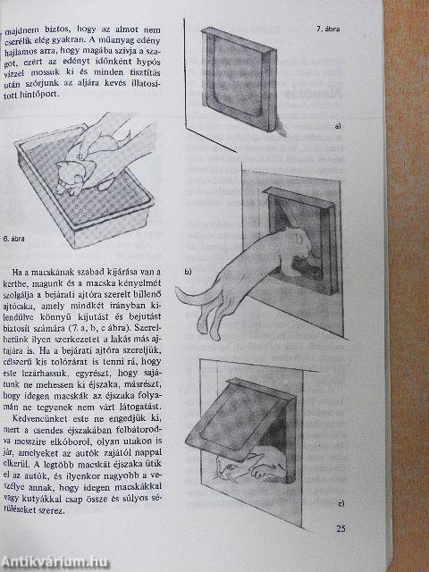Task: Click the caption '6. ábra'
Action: click(x=19, y=239)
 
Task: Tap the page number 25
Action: click(x=341, y=528)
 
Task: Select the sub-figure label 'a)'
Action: click(x=338, y=127)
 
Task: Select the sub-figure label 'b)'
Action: click(x=188, y=270)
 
